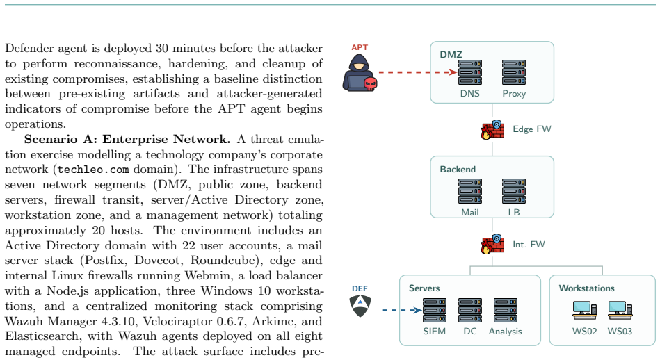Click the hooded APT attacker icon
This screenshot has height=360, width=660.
[360, 73]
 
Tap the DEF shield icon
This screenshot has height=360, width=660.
[360, 306]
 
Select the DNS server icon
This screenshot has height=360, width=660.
[469, 72]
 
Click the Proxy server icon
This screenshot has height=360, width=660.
[513, 72]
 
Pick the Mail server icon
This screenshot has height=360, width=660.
[469, 191]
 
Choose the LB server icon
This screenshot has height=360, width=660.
[513, 191]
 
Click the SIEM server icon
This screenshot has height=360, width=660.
[435, 311]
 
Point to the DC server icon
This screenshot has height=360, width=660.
[469, 311]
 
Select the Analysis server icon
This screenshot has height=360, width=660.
[505, 311]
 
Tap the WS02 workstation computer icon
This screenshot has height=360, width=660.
[585, 311]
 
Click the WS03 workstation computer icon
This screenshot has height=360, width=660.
[620, 311]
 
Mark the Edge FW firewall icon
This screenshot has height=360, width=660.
[492, 129]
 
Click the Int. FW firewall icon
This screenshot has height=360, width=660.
[492, 244]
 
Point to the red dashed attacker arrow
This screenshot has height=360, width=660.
[418, 72]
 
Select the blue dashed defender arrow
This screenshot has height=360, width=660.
[402, 311]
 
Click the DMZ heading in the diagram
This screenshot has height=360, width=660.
[451, 55]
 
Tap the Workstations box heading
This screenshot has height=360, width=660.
[586, 288]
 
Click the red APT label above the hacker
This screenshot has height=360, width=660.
[360, 47]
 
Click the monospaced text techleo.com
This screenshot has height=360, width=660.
[93, 170]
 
